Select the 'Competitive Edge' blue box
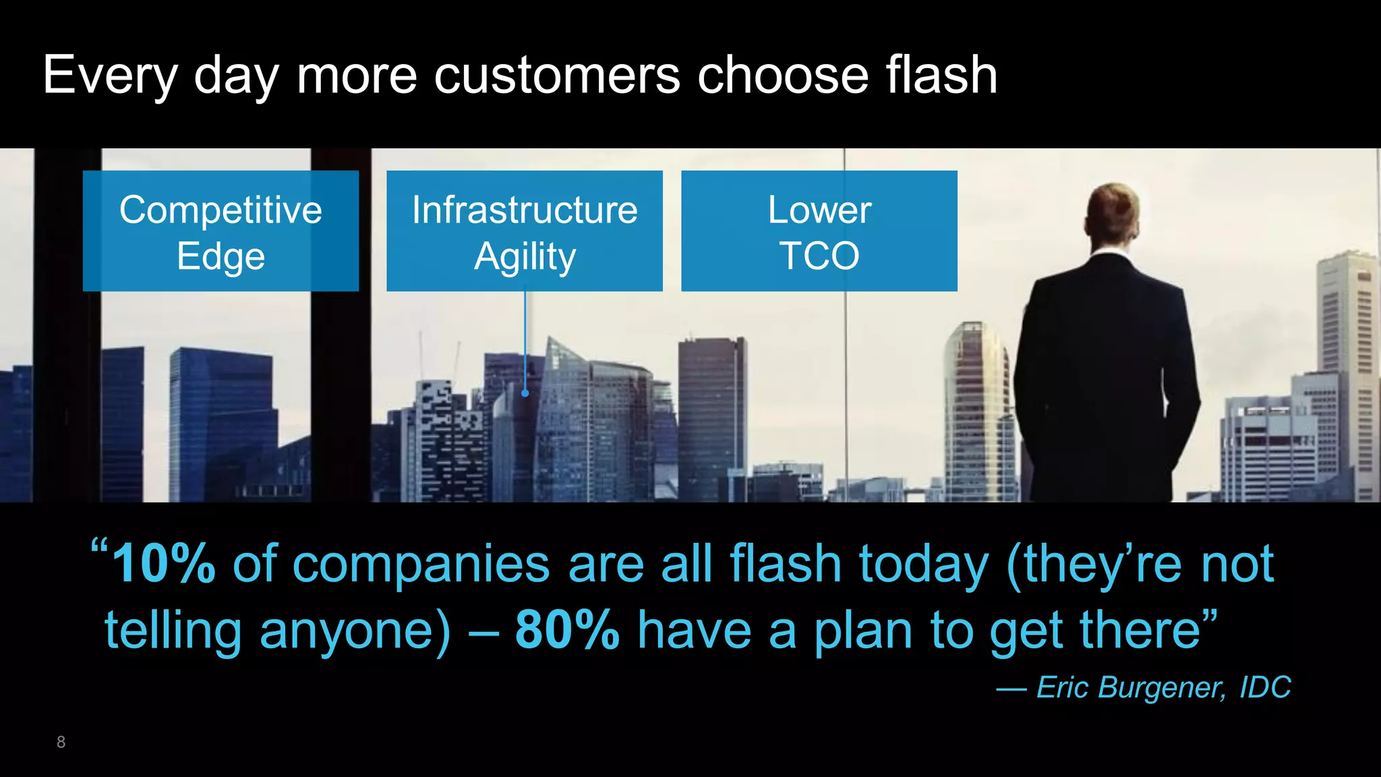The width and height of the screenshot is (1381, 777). [221, 231]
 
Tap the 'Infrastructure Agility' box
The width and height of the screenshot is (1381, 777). [524, 231]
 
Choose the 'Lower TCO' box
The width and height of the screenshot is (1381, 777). [819, 231]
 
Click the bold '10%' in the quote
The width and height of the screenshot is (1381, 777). [164, 564]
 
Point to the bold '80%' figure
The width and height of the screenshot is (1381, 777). [567, 630]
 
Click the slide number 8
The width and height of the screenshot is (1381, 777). [61, 742]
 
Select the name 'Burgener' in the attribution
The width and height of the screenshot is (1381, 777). [1160, 687]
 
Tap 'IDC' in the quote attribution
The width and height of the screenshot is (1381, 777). [1265, 687]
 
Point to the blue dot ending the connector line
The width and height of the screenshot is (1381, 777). [525, 393]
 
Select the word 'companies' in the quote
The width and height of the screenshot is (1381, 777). [421, 564]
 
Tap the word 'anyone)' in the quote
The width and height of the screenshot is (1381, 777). [355, 630]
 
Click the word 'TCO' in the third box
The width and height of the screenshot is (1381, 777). [819, 256]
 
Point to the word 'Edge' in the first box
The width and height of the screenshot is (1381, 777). [221, 257]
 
